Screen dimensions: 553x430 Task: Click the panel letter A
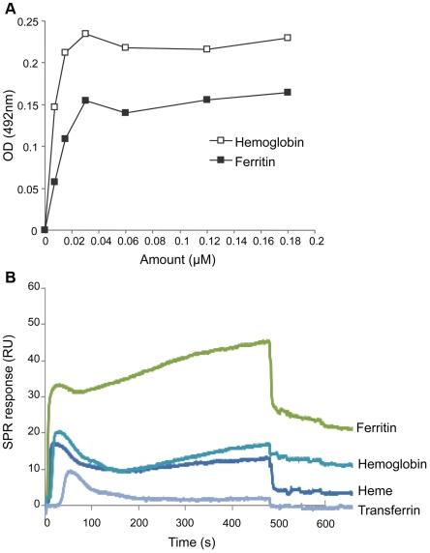[8, 9]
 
